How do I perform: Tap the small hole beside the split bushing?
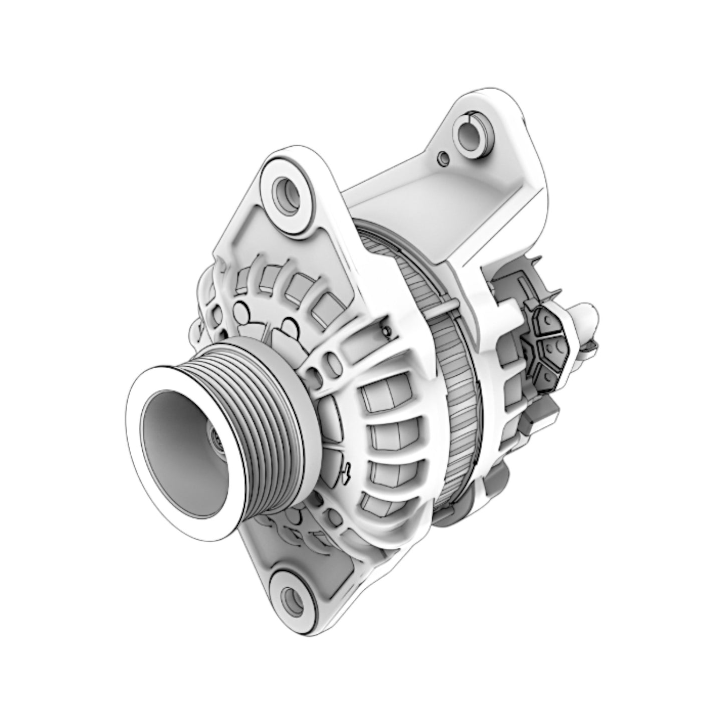(441, 158)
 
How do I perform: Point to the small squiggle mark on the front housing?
(346, 470)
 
